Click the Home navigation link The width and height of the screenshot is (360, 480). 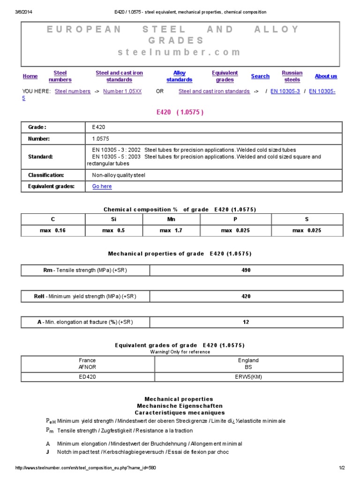coord(30,76)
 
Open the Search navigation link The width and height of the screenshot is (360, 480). coord(260,76)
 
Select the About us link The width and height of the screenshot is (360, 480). coord(326,76)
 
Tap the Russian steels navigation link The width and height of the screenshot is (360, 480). coord(292,76)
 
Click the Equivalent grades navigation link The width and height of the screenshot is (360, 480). coord(225,76)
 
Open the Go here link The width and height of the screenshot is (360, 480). coord(102,186)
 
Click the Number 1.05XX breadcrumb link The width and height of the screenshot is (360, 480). coord(122,91)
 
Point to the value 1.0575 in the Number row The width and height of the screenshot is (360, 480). coord(101,139)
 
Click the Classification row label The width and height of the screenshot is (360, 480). coord(45,175)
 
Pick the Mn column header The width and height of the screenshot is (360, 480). coord(171,219)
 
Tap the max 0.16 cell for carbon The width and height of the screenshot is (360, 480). coord(53,231)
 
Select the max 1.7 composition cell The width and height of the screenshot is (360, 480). coord(171,231)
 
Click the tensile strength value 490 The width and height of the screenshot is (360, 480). coord(246,270)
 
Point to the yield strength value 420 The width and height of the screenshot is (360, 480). coord(246,296)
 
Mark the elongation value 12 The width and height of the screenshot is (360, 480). coord(246,322)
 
